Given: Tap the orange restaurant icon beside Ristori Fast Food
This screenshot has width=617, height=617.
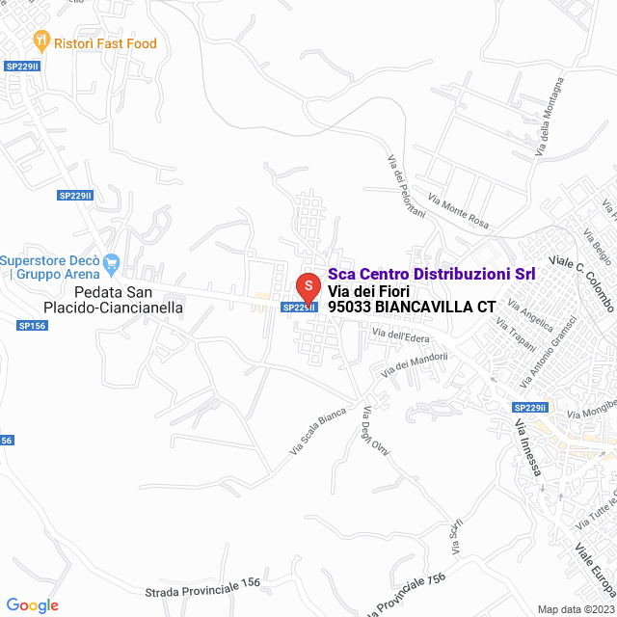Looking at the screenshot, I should (40, 41).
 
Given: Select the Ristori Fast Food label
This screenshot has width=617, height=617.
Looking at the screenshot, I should (105, 43).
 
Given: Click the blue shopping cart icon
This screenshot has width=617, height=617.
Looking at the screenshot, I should (111, 261).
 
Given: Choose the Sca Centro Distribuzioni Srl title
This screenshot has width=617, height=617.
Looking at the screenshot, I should (432, 274).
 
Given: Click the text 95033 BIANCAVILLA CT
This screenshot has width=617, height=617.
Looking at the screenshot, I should (412, 307).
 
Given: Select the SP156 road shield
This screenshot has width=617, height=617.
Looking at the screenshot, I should (32, 326).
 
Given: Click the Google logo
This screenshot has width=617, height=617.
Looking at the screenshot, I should (32, 605).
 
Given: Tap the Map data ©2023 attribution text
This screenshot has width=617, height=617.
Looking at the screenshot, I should (575, 609).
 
